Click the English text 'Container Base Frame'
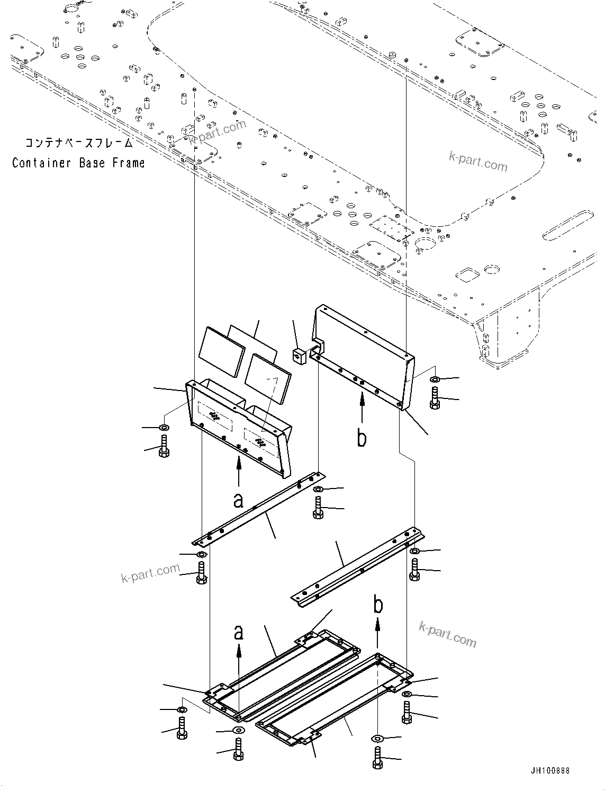pos(78,163)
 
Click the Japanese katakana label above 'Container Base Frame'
pos(78,143)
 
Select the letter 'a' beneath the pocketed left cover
pos(239,499)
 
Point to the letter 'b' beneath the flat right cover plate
pos(362,438)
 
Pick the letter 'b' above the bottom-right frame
pos(378,605)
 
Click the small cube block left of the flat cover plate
pos(300,356)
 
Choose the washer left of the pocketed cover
pos(164,427)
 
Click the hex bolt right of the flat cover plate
pos(435,398)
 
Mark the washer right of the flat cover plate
pos(435,379)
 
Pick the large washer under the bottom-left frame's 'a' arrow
pos(238,732)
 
